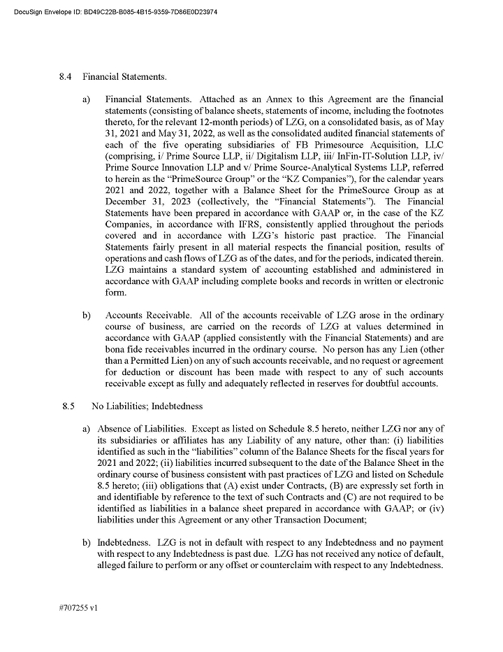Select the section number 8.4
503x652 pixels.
[x=66, y=76]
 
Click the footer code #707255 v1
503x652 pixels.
[x=79, y=609]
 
